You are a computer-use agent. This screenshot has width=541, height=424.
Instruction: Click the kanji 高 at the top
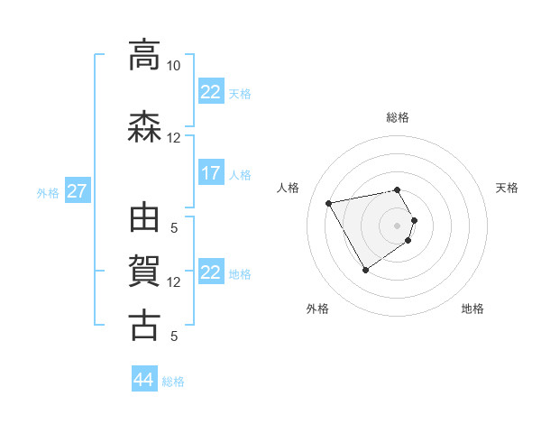[x=144, y=55]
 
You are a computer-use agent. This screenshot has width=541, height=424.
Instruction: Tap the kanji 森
[x=144, y=128]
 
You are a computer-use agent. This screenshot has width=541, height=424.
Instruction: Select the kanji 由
[x=144, y=219]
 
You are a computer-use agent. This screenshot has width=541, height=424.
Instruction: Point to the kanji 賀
[x=144, y=272]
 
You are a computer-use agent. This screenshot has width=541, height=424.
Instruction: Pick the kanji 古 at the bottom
[x=144, y=326]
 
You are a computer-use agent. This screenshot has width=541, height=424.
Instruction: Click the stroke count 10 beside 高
[x=173, y=66]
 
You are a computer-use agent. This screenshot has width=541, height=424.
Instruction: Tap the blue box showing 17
[x=210, y=173]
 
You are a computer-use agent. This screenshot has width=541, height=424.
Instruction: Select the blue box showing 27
[x=77, y=191]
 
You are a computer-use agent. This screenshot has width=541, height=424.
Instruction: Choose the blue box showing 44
[x=143, y=380]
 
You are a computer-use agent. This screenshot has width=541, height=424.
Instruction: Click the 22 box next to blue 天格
[x=210, y=92]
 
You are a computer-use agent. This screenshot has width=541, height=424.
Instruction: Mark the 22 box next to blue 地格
[x=210, y=272]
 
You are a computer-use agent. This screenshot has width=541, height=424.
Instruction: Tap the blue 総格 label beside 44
[x=173, y=382]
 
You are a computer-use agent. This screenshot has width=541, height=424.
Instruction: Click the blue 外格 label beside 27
[x=48, y=192]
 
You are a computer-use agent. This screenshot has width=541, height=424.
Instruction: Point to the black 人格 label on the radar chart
[x=289, y=188]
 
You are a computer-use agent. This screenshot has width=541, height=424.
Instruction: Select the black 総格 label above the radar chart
[x=398, y=117]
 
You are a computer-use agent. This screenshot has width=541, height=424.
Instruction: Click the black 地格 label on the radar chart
[x=472, y=309]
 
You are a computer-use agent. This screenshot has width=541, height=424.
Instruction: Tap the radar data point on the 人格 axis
[x=329, y=202]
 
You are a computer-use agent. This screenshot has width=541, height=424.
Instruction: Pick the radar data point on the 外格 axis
[x=365, y=270]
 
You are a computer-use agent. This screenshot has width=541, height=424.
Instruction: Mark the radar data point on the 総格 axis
[x=398, y=189]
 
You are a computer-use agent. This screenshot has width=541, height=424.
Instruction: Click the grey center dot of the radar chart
[x=398, y=225]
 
